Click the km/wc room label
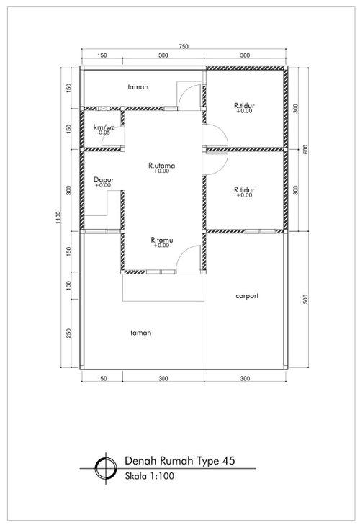pyautogui.click(x=104, y=127)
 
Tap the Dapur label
pyautogui.click(x=104, y=180)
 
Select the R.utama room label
pyautogui.click(x=161, y=166)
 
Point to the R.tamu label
pyautogui.click(x=162, y=240)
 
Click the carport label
pyautogui.click(x=247, y=296)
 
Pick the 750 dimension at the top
pyautogui.click(x=184, y=47)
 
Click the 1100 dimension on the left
pyautogui.click(x=58, y=217)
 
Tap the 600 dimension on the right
pyautogui.click(x=305, y=149)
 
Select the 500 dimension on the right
pyautogui.click(x=305, y=299)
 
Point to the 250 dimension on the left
pyautogui.click(x=69, y=333)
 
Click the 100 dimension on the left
pyautogui.click(x=69, y=285)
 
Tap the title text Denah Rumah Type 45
pyautogui.click(x=180, y=461)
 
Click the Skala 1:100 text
pyautogui.click(x=150, y=476)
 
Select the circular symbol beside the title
pyautogui.click(x=106, y=468)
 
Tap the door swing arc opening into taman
pyautogui.click(x=185, y=91)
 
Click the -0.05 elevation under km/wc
pyautogui.click(x=104, y=133)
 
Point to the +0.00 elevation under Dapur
pyautogui.click(x=103, y=185)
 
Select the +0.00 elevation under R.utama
pyautogui.click(x=162, y=171)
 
